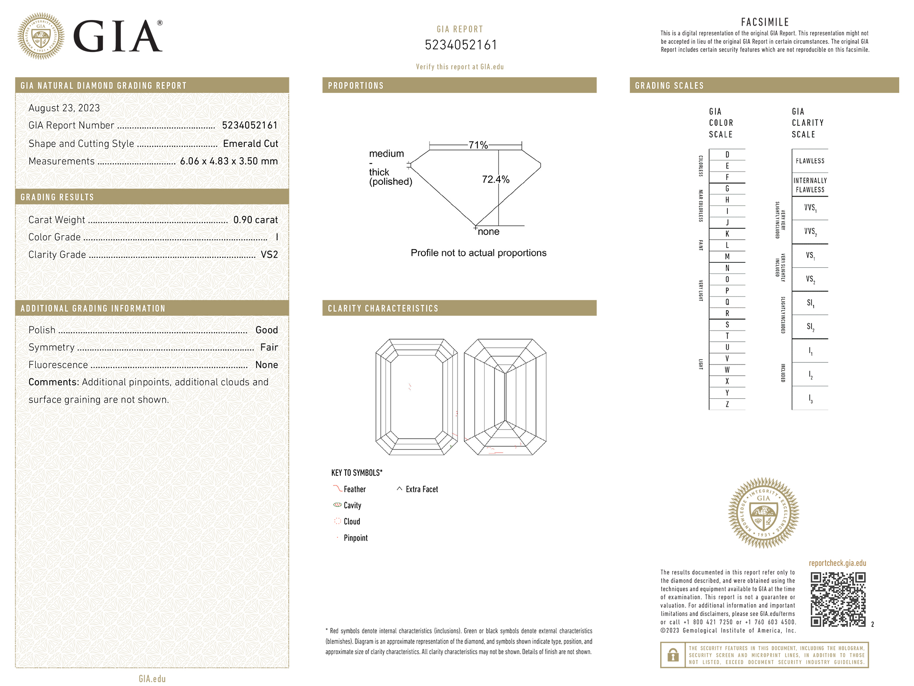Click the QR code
point(838,599)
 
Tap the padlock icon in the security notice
point(673,655)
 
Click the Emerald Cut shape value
point(250,143)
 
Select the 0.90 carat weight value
point(255,220)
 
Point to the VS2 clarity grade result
point(269,254)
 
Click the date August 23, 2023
point(64,108)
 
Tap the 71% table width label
point(478,145)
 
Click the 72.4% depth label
point(495,180)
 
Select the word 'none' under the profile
point(488,232)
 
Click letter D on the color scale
point(727,155)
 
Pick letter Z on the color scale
point(727,404)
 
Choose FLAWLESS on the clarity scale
point(810,161)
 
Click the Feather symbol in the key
point(338,489)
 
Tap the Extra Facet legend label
point(422,489)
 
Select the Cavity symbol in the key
point(338,505)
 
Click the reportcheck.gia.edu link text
point(837,563)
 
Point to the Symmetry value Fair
point(269,347)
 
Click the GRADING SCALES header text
point(669,86)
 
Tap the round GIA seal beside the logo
point(41,36)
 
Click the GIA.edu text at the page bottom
point(152,678)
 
